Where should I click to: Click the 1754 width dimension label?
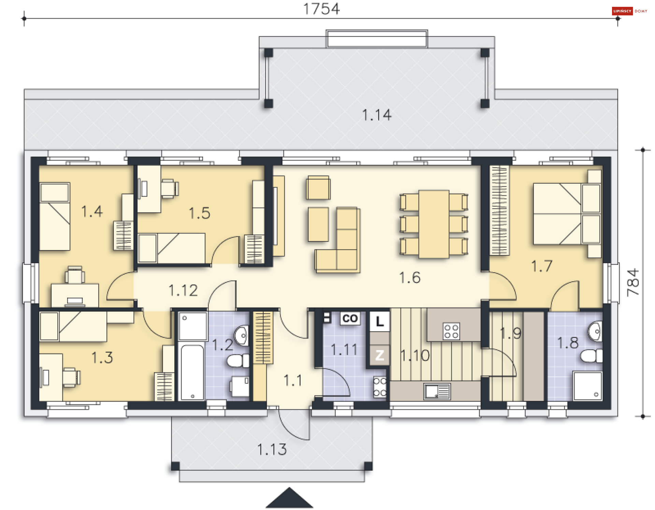coord(321,9)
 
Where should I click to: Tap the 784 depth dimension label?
coord(633,282)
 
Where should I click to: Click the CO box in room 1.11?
coord(350,318)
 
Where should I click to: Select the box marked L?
coord(380,321)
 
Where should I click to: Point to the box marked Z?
coord(380,355)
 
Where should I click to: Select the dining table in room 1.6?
coord(434,224)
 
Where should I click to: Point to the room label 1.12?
coord(183,291)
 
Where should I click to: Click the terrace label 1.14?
coord(377,115)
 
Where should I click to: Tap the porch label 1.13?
coord(272,450)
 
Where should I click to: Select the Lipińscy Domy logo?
coord(629,11)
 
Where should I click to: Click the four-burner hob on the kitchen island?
coord(451,331)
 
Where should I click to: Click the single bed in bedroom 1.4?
coord(55,217)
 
